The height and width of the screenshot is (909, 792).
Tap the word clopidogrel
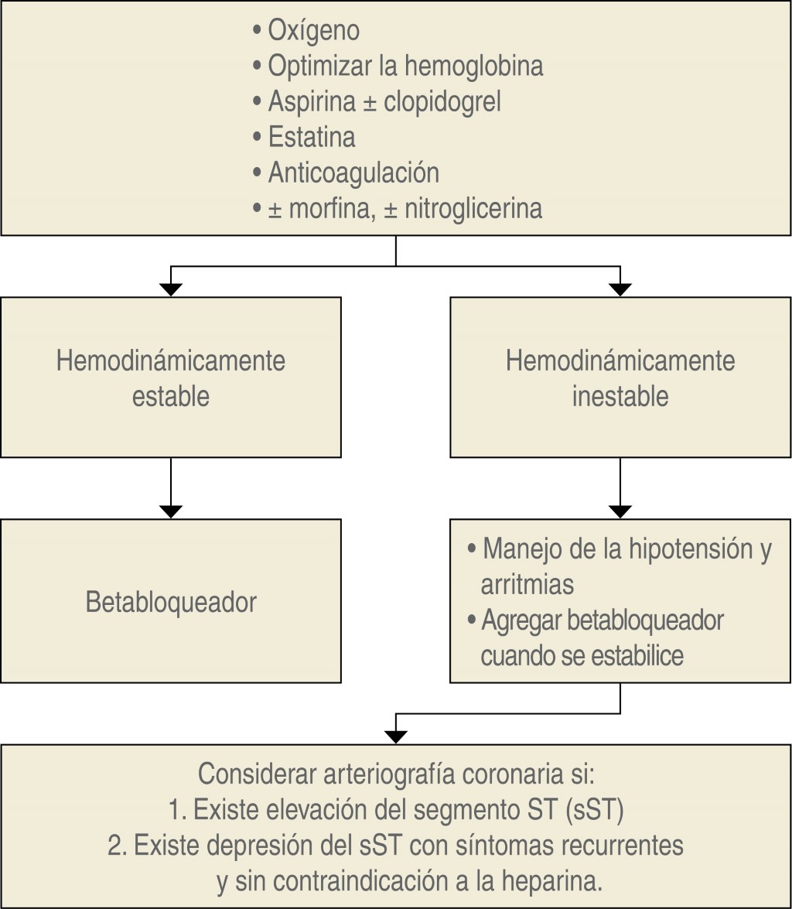point(442,101)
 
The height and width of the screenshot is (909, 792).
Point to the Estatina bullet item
point(312,137)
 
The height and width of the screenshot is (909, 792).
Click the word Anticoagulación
point(353,173)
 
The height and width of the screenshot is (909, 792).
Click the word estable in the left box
point(171,396)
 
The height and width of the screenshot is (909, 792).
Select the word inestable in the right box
point(620,396)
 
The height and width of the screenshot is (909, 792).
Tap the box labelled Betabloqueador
point(171,602)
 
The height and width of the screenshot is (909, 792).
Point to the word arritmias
point(527,584)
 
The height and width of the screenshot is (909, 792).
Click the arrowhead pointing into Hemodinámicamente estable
point(171,290)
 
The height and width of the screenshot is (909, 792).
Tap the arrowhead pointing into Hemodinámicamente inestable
point(620,290)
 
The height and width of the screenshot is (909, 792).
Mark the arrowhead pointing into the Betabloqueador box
point(171,511)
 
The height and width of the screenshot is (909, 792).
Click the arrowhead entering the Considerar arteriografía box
point(396,736)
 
